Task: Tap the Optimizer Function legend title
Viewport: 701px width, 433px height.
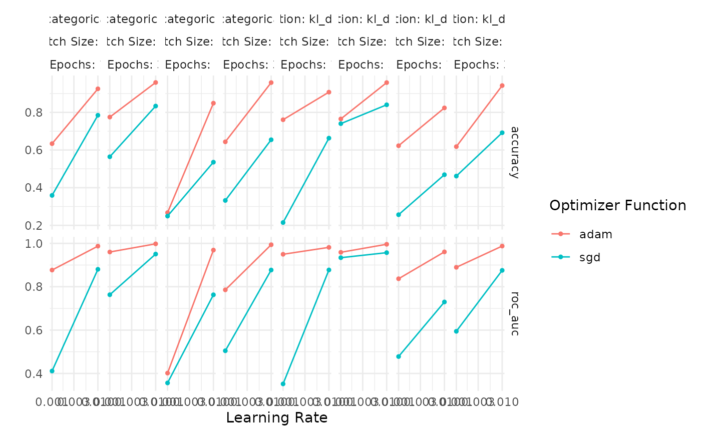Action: [617, 206]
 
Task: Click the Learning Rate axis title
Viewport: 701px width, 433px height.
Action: [277, 418]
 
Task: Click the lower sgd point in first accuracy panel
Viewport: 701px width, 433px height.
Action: [52, 195]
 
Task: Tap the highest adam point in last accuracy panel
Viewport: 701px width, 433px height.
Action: [502, 86]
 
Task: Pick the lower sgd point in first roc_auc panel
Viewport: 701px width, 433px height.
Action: [52, 371]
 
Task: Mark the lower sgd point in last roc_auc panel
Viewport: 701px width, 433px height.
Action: [456, 331]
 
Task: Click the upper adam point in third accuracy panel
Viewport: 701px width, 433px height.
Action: [213, 103]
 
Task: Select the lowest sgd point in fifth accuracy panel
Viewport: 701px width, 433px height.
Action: [283, 222]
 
